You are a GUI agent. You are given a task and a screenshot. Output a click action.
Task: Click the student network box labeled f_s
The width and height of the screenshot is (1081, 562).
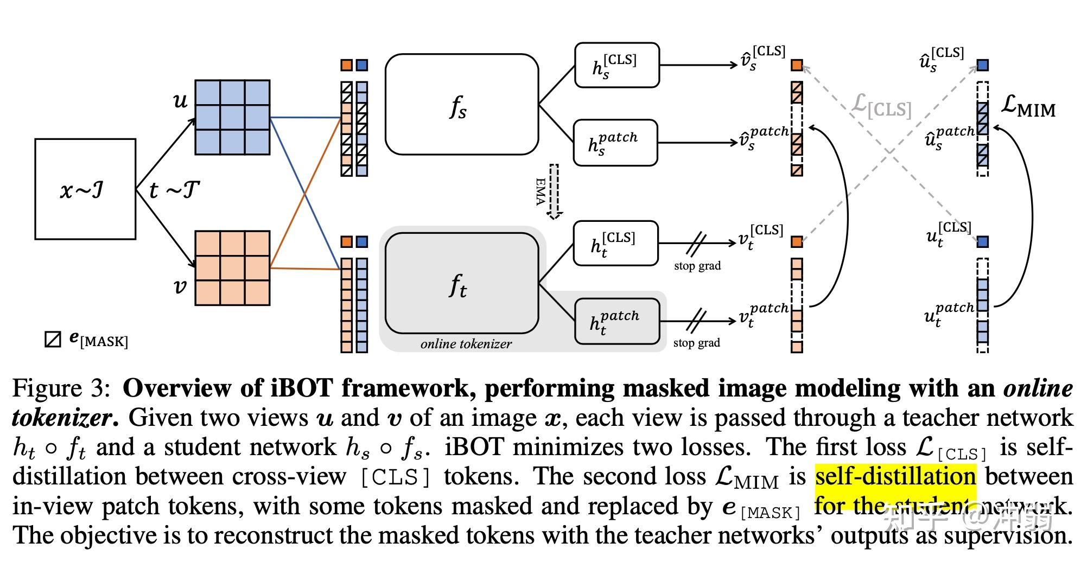point(461,104)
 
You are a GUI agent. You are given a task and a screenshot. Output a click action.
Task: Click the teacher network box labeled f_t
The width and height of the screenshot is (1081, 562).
point(461,283)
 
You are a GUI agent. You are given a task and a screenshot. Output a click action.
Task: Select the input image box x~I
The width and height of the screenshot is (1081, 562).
point(85,189)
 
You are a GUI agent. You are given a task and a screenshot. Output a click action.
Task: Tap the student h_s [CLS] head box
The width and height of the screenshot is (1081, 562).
point(616,65)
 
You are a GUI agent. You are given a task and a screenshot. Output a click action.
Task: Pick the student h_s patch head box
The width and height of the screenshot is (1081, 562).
point(615,143)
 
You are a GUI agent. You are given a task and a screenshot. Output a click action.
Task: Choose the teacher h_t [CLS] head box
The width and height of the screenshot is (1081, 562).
point(615,243)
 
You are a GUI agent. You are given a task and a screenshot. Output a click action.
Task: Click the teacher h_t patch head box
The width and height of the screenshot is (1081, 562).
point(617,321)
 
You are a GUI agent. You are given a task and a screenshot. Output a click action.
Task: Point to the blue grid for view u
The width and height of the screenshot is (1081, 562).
point(232,117)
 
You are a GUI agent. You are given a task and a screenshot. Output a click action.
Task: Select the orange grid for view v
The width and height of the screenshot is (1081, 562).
point(232,268)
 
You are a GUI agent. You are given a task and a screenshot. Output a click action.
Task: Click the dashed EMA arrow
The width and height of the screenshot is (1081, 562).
point(554,191)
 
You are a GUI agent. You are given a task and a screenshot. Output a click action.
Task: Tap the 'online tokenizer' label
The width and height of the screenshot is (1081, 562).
point(466,344)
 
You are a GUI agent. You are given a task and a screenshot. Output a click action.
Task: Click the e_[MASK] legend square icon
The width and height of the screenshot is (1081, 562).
point(53,340)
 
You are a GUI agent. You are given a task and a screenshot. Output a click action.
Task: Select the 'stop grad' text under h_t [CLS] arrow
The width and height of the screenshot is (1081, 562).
point(697,266)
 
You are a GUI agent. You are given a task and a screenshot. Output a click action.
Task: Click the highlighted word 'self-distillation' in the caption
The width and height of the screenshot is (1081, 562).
point(895,476)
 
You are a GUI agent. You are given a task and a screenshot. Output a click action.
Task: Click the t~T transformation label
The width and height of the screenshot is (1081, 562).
point(174,190)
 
